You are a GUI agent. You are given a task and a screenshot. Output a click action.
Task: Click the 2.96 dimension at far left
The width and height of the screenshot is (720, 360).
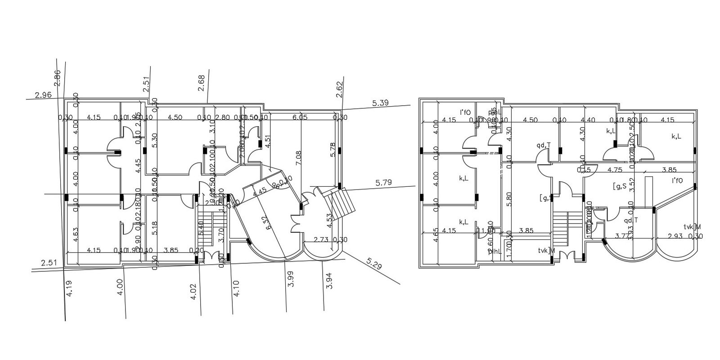pyautogui.click(x=43, y=95)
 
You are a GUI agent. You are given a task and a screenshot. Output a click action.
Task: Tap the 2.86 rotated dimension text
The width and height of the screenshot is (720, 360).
pyautogui.click(x=57, y=78)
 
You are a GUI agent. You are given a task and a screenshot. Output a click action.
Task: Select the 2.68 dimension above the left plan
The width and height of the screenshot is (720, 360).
pyautogui.click(x=201, y=83)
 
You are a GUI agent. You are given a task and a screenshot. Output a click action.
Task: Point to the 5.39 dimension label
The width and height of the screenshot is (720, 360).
pyautogui.click(x=380, y=103)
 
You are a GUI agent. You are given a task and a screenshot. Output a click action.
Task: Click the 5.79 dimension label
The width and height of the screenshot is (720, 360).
pyautogui.click(x=384, y=183)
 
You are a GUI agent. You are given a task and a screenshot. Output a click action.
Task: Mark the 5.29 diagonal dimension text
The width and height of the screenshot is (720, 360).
pyautogui.click(x=374, y=264)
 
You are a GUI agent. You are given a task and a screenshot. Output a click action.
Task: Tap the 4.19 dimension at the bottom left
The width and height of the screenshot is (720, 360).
pyautogui.click(x=69, y=288)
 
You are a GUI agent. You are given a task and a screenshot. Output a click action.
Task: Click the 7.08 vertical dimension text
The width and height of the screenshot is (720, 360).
pyautogui.click(x=298, y=158)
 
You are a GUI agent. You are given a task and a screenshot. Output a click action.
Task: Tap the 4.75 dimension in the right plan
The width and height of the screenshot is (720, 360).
pyautogui.click(x=615, y=170)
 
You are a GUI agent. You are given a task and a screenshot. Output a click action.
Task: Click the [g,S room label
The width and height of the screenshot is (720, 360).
pyautogui.click(x=620, y=186)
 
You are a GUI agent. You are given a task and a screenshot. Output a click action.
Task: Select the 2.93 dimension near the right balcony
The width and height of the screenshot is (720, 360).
pyautogui.click(x=675, y=236)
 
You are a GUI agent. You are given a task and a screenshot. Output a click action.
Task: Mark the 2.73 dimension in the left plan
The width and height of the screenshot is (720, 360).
pyautogui.click(x=321, y=239)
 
